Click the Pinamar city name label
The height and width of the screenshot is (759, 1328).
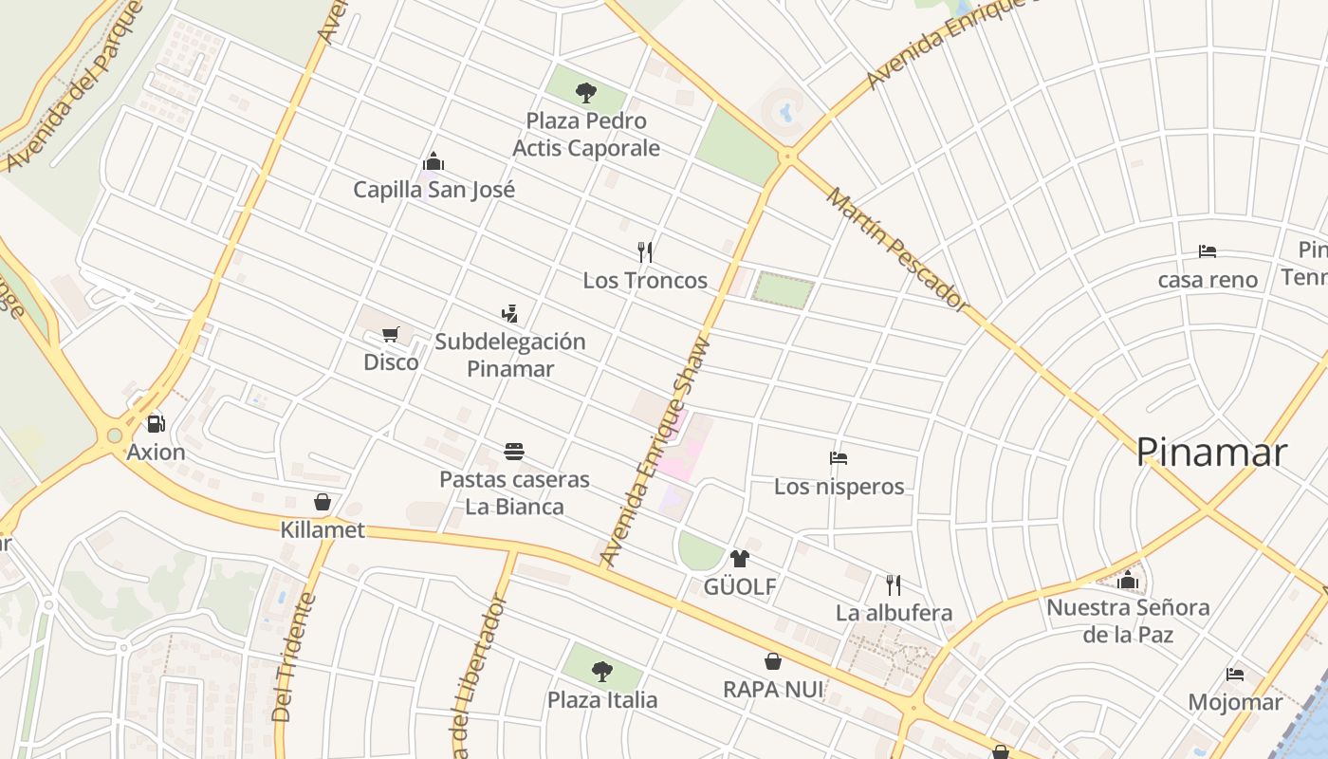pyautogui.click(x=1211, y=453)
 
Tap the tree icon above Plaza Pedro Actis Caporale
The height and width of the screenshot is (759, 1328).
pyautogui.click(x=586, y=92)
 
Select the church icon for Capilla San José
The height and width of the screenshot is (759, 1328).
pyautogui.click(x=433, y=161)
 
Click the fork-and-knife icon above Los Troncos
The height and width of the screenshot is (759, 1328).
pyautogui.click(x=645, y=251)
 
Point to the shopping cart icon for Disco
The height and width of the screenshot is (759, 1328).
pyautogui.click(x=390, y=334)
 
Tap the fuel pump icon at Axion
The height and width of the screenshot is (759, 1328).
pyautogui.click(x=156, y=423)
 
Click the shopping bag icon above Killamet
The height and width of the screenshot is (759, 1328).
pyautogui.click(x=323, y=501)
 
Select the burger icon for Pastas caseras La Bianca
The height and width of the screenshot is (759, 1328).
pyautogui.click(x=514, y=451)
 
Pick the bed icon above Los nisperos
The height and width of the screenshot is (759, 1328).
pyautogui.click(x=839, y=458)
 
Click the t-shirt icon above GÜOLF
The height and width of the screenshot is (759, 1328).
pyautogui.click(x=739, y=558)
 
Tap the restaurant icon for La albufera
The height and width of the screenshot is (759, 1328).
pyautogui.click(x=893, y=583)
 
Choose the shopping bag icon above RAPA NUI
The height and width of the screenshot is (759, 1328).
pyautogui.click(x=773, y=660)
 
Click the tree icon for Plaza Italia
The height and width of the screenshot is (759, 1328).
pyautogui.click(x=601, y=672)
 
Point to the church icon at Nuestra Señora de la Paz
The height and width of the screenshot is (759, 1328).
pyautogui.click(x=1128, y=579)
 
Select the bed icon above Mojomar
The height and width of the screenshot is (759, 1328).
pyautogui.click(x=1234, y=674)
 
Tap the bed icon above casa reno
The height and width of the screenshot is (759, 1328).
pyautogui.click(x=1207, y=251)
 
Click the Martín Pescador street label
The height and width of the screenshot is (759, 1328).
pyautogui.click(x=896, y=250)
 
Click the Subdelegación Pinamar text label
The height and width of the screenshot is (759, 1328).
pyautogui.click(x=510, y=355)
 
